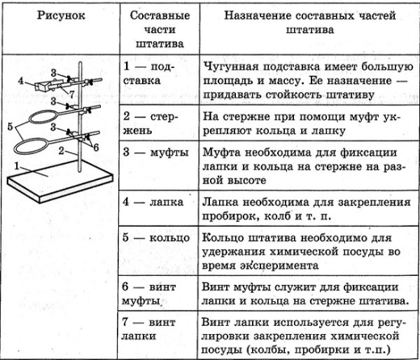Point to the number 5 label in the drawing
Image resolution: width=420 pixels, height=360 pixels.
10,126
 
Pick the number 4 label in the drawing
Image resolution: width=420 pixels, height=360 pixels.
20,81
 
